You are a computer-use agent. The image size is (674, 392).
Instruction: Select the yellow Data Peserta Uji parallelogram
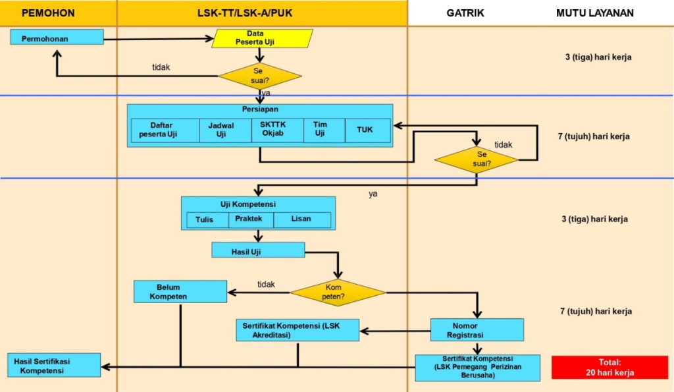click(263, 38)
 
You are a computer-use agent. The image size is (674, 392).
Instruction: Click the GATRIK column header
click(465, 13)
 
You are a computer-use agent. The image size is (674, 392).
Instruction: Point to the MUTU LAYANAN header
click(595, 13)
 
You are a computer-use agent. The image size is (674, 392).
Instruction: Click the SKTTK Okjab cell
click(277, 130)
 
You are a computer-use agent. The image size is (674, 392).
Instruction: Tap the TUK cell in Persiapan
click(364, 130)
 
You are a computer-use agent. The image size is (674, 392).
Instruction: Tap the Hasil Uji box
click(258, 250)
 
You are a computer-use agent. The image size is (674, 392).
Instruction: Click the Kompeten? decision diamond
click(338, 293)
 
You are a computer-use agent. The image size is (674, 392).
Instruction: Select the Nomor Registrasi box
click(477, 329)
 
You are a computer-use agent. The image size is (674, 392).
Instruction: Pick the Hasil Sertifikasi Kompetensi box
click(55, 365)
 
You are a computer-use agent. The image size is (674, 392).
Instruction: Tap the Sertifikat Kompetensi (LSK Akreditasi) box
click(298, 330)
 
